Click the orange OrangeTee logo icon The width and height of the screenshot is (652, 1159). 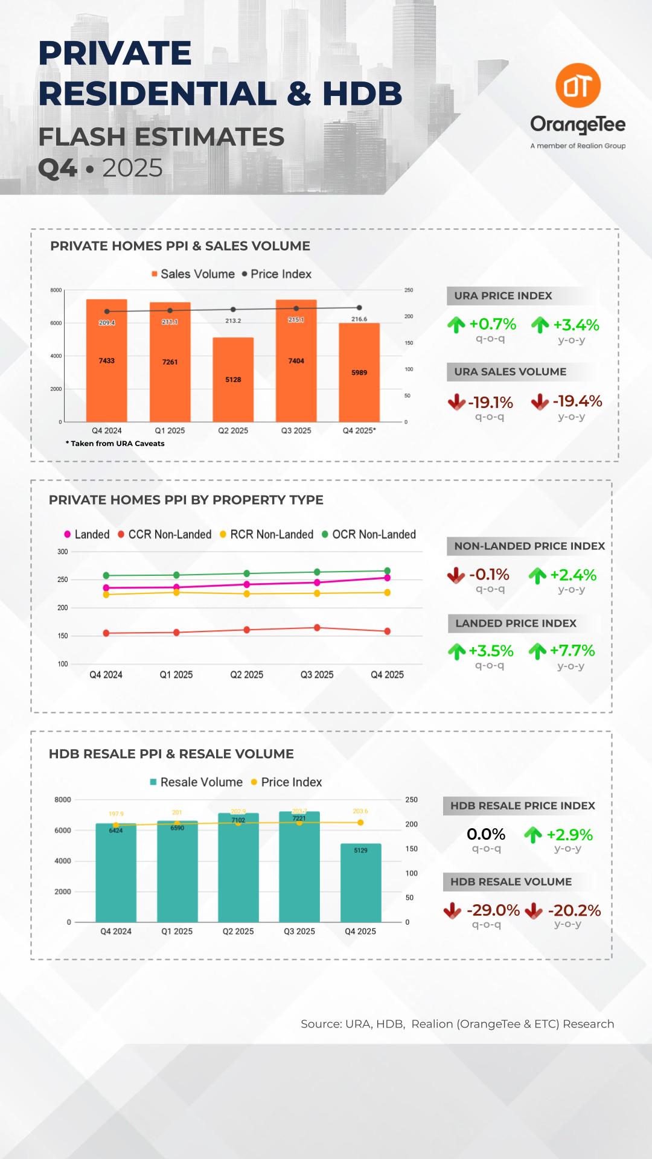coord(578,86)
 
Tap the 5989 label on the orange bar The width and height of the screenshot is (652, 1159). coord(359,372)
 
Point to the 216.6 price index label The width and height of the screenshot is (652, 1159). coord(359,319)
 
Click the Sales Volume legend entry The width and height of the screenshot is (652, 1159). coord(193,274)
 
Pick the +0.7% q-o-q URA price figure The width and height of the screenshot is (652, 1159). coord(492,325)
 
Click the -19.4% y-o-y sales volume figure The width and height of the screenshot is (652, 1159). coord(577,401)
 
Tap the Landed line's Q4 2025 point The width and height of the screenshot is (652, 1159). coord(387,578)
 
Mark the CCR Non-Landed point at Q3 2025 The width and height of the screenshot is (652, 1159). coord(317,628)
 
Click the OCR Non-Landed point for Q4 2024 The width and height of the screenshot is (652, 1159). coord(106,575)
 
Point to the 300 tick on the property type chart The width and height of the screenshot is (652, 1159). coord(63,552)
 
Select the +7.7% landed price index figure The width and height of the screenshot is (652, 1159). coord(572,651)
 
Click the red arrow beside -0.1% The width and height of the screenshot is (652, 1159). coord(456,575)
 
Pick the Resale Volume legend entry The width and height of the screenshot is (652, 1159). coord(196,782)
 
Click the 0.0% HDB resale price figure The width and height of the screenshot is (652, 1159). coord(486,834)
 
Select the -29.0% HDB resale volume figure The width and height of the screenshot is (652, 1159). coord(493,910)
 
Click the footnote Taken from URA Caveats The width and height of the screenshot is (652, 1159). coord(115,444)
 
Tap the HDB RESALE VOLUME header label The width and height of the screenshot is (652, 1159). coord(511,881)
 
